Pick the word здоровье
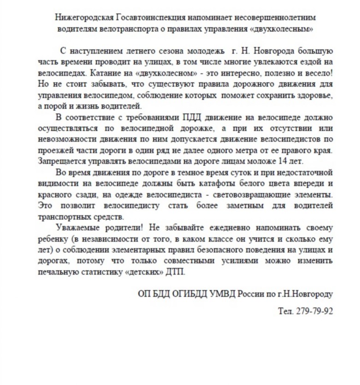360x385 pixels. tap(313, 95)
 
